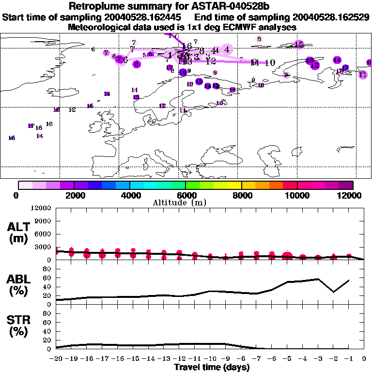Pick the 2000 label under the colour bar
74,195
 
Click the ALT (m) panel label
19,232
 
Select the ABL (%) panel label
19,285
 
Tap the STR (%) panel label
19,325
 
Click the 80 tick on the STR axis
48,313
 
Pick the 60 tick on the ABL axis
48,278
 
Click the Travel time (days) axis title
212,368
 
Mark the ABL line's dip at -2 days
333,292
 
